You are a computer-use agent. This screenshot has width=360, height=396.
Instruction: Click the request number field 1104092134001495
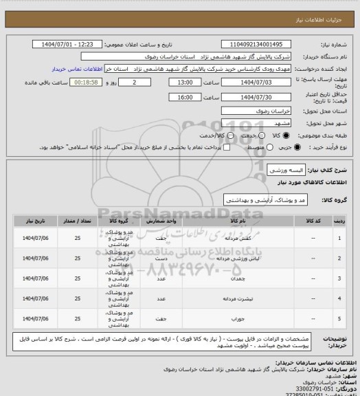point(272,44)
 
